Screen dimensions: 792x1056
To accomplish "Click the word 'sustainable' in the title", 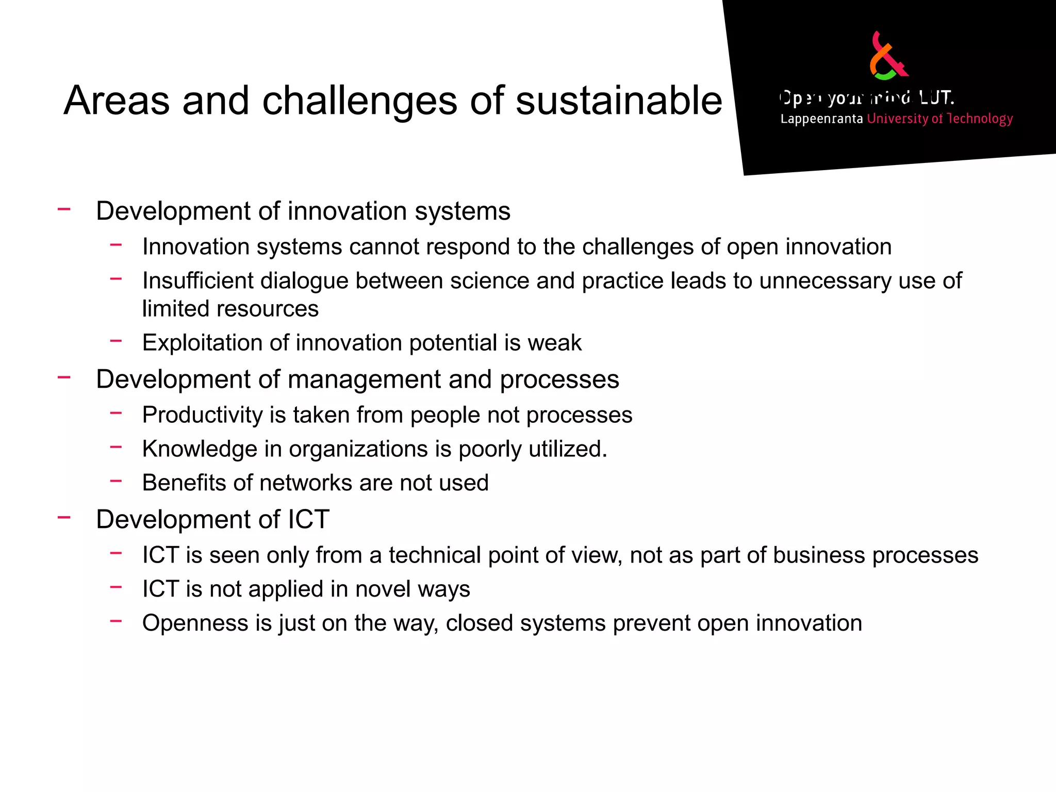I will tap(619, 100).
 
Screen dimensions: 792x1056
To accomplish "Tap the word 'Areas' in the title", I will tap(117, 100).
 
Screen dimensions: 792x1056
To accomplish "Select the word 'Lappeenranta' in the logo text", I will tap(821, 119).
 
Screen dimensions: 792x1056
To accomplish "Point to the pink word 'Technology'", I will tap(980, 119).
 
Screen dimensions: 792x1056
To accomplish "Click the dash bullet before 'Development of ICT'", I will tap(64, 517).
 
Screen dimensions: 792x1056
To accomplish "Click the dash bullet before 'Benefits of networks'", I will tap(116, 481).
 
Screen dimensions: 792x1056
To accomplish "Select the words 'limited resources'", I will tap(230, 309).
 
